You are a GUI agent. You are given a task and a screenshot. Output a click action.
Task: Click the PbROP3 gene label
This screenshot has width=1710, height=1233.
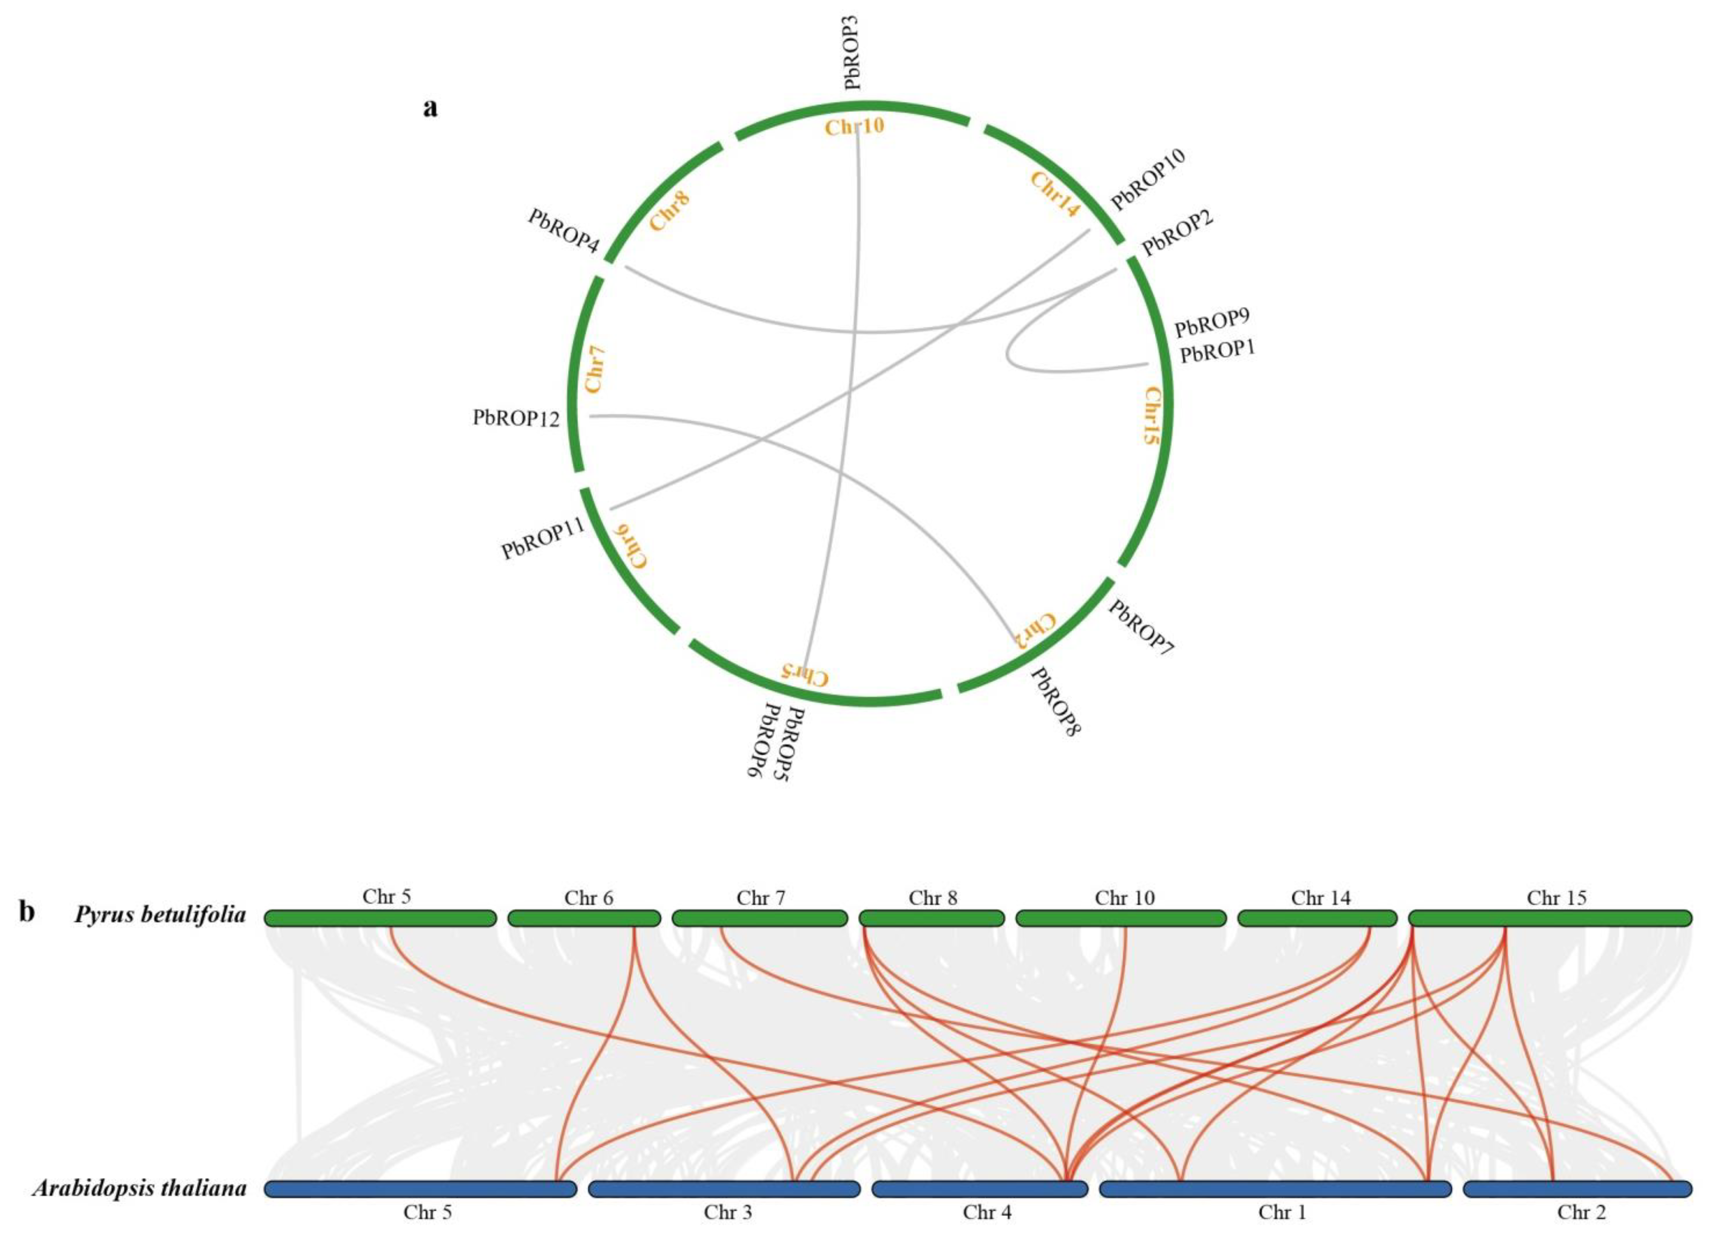tap(853, 53)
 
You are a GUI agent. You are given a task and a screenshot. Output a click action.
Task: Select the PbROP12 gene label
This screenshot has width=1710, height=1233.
tap(517, 418)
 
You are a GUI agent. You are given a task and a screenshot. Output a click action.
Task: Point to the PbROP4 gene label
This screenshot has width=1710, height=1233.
tap(563, 230)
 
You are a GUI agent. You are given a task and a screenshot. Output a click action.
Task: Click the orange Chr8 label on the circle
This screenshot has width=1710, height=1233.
tap(670, 211)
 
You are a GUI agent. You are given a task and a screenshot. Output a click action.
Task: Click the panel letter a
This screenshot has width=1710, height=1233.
tap(430, 108)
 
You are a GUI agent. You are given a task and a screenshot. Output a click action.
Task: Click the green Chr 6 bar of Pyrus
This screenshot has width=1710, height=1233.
tap(584, 918)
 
